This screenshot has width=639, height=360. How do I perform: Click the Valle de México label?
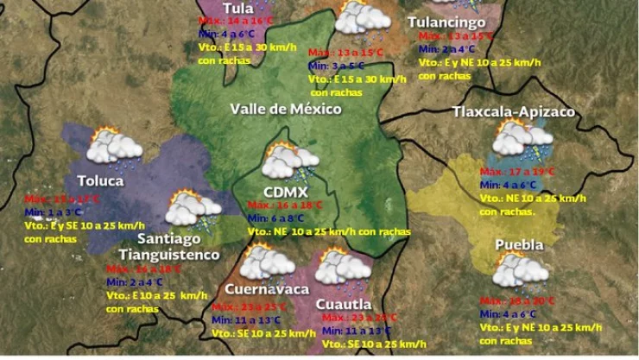pos(285,109)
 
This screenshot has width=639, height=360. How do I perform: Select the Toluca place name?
pos(100,181)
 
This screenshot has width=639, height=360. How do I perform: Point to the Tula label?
pos(237,8)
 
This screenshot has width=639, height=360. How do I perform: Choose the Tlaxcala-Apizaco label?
pos(514,112)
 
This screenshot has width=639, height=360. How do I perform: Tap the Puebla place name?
pos(519,245)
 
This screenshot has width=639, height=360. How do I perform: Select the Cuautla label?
pos(344,304)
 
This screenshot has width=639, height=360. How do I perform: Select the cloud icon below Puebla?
pos(521,271)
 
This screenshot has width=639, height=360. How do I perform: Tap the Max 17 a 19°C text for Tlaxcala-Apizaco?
pos(517,172)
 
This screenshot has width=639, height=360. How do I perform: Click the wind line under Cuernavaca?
pos(263,333)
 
